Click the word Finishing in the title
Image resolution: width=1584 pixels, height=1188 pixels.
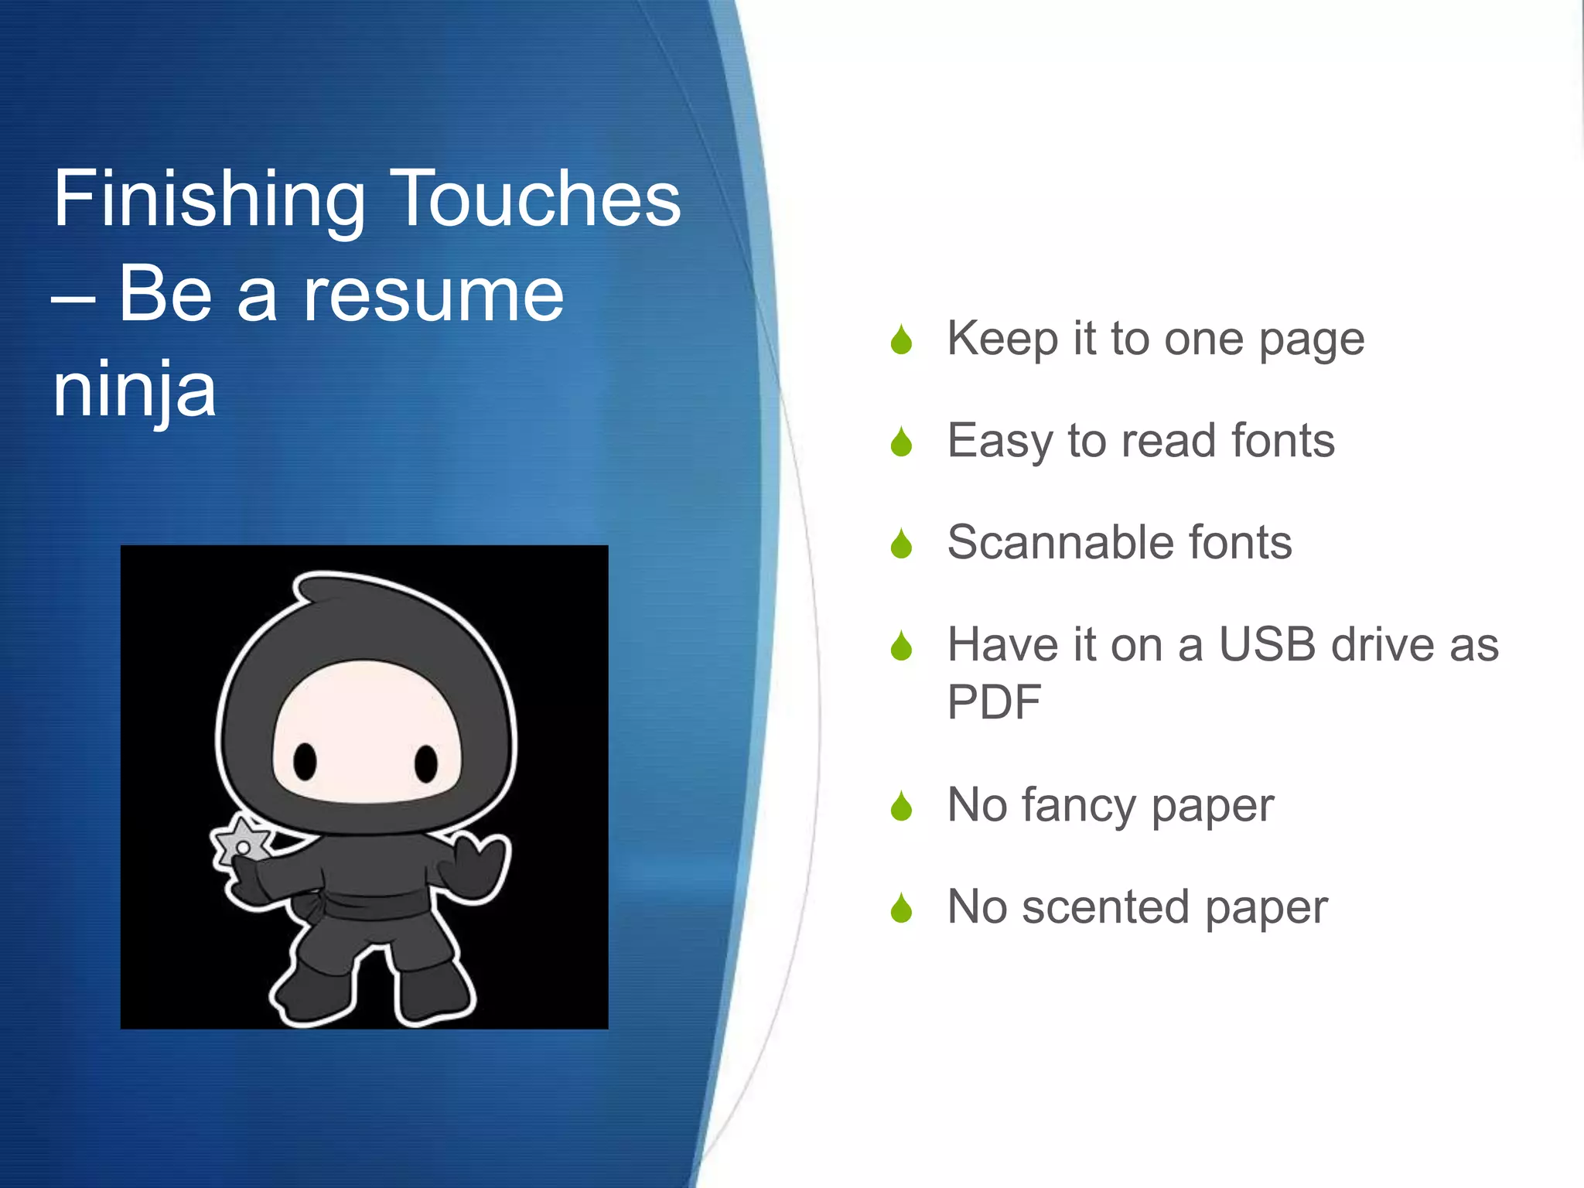[209, 200]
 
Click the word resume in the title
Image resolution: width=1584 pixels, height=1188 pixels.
[433, 295]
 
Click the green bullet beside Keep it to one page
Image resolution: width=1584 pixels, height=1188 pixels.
[901, 340]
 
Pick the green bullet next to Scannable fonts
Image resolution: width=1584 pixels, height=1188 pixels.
[901, 544]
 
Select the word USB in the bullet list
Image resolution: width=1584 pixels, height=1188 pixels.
[1267, 644]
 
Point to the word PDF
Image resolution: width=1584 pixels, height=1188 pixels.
[994, 702]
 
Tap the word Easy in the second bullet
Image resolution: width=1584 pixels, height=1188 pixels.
[999, 442]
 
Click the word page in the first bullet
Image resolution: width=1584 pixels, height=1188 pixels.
[1312, 340]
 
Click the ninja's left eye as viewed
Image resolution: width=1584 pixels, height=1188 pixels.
[305, 761]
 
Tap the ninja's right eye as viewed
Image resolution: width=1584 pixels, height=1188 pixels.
[426, 763]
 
